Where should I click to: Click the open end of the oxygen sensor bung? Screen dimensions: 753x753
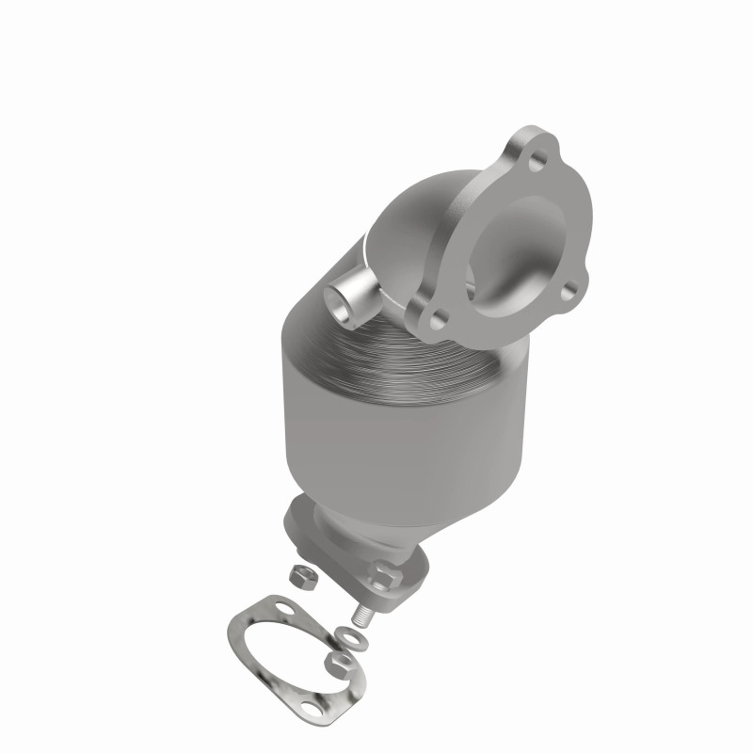pos(337,303)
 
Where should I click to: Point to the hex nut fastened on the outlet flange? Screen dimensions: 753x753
pos(384,570)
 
